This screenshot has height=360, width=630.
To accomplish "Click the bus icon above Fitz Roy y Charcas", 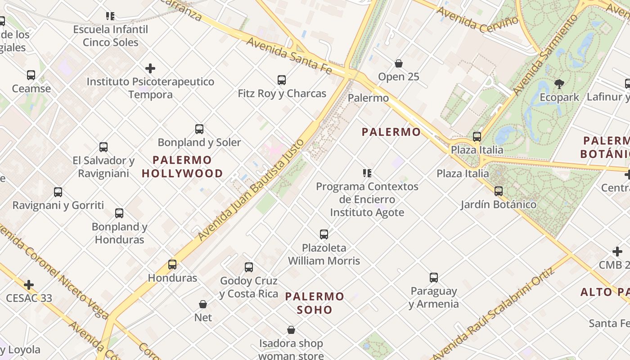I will [282, 80].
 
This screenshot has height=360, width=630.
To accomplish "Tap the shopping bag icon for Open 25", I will [398, 63].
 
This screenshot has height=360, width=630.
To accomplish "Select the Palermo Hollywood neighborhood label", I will [182, 166].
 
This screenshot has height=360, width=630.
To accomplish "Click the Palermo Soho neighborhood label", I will [315, 303].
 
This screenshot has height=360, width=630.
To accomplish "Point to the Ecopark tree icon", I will [559, 84].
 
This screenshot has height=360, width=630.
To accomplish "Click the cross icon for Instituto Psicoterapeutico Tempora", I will [150, 68].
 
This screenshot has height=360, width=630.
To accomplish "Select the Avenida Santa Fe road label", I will [289, 56].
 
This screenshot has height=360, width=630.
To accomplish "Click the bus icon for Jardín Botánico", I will [499, 191].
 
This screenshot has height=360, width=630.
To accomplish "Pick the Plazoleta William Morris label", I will [324, 254].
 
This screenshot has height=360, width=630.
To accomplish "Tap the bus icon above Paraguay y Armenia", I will [434, 277].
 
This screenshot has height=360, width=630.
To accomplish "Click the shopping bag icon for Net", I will [203, 304].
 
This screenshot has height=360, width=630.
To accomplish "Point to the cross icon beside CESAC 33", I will [29, 284].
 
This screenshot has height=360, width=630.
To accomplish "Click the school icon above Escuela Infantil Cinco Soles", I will [110, 16].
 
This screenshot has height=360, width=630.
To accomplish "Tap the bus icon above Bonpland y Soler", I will [199, 129].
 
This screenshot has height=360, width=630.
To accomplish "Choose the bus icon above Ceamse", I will [31, 75].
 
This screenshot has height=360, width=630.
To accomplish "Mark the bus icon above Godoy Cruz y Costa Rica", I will [249, 267].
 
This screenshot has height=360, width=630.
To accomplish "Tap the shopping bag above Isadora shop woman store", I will [291, 330].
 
